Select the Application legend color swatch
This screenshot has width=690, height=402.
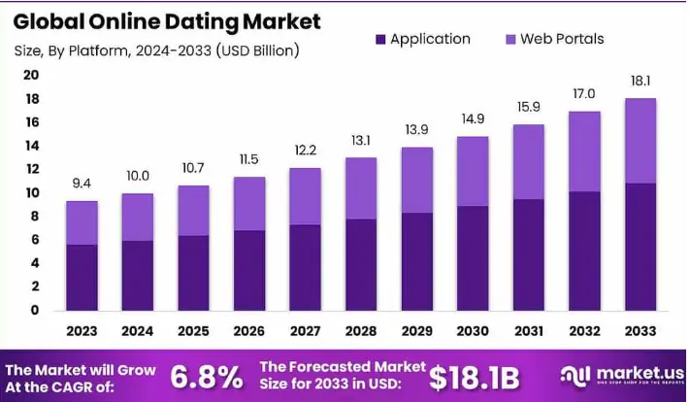[378, 40]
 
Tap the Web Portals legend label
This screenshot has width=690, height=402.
[562, 40]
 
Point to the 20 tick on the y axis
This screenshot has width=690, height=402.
[31, 76]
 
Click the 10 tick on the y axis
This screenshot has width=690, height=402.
[31, 193]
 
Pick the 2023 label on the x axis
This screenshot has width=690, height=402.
[82, 332]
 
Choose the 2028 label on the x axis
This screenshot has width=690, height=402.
[362, 332]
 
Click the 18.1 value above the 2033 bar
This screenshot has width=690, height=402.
[641, 83]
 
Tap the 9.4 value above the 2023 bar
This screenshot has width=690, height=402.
[82, 184]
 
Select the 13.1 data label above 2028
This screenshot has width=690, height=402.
[362, 141]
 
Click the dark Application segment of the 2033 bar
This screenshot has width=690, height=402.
[641, 247]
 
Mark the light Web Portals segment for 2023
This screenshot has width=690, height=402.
[82, 222]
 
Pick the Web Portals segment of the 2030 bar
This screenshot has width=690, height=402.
[474, 171]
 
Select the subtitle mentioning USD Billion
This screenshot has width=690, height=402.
[156, 50]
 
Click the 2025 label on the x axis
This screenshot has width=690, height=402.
[193, 332]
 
